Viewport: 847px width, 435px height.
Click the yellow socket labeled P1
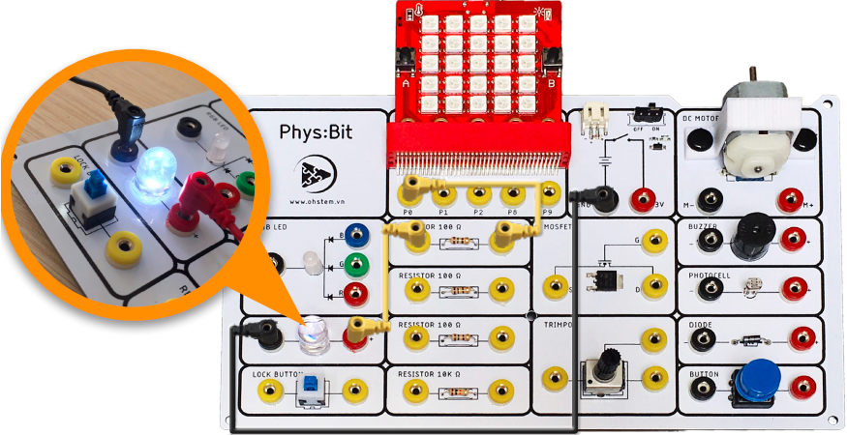coord(443,189)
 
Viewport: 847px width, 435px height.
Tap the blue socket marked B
coord(358,233)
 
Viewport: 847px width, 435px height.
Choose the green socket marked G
coord(358,262)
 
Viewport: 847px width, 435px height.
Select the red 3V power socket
coord(642,199)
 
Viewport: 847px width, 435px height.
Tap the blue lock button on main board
coord(312,390)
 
